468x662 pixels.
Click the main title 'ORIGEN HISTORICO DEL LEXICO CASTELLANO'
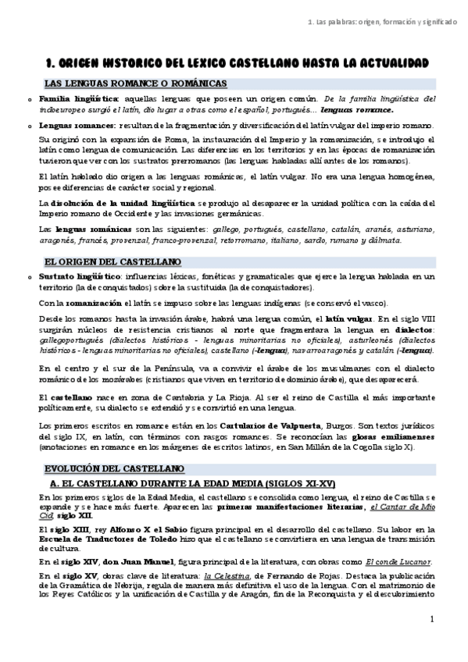pyautogui.click(x=234, y=62)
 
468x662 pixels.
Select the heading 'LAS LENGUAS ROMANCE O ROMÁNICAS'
pyautogui.click(x=135, y=83)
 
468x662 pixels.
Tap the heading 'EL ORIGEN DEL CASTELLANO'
pyautogui.click(x=113, y=261)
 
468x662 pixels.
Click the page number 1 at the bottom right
pyautogui.click(x=432, y=619)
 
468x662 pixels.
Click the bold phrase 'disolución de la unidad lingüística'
pyautogui.click(x=118, y=204)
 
